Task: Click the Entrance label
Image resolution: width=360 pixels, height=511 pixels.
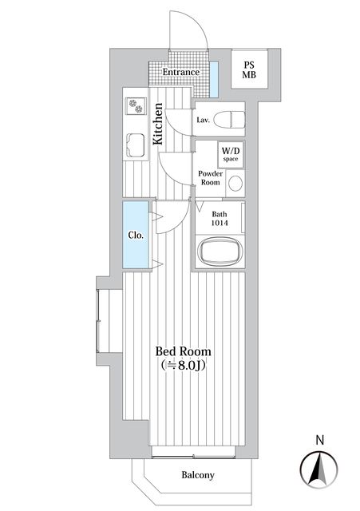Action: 180,73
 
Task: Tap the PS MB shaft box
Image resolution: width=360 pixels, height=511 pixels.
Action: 251,70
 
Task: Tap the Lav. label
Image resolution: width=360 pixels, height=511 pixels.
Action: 204,121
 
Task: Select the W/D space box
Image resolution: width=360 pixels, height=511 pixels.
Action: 230,154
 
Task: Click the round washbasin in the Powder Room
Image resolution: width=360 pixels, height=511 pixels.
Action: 235,183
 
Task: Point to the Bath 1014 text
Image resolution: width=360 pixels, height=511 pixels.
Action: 220,219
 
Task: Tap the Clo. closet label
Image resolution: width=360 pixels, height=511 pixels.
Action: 136,236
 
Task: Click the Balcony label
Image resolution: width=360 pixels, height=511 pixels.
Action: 197,475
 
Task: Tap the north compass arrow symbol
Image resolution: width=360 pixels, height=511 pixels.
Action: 318,466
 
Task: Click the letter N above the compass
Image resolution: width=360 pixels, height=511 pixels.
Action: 319,439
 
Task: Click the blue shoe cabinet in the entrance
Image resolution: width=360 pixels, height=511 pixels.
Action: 214,77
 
